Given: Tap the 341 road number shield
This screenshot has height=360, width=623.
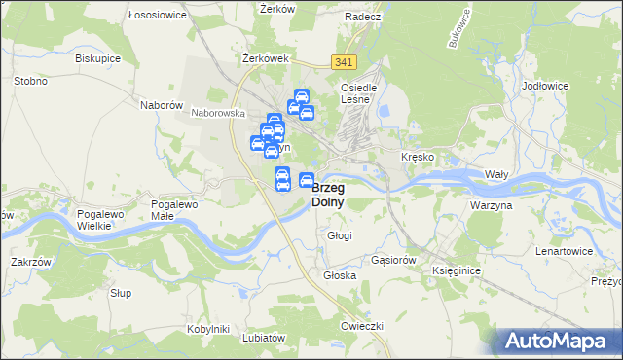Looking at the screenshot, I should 343,62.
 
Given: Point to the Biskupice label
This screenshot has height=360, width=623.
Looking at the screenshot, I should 96,57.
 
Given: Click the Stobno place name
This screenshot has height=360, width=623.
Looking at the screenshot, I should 31,81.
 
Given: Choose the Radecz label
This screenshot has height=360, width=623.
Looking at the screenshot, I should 361,17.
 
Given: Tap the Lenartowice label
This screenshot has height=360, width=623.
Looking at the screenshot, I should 564,251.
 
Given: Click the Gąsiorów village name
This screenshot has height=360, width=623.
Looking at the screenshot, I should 394,261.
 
